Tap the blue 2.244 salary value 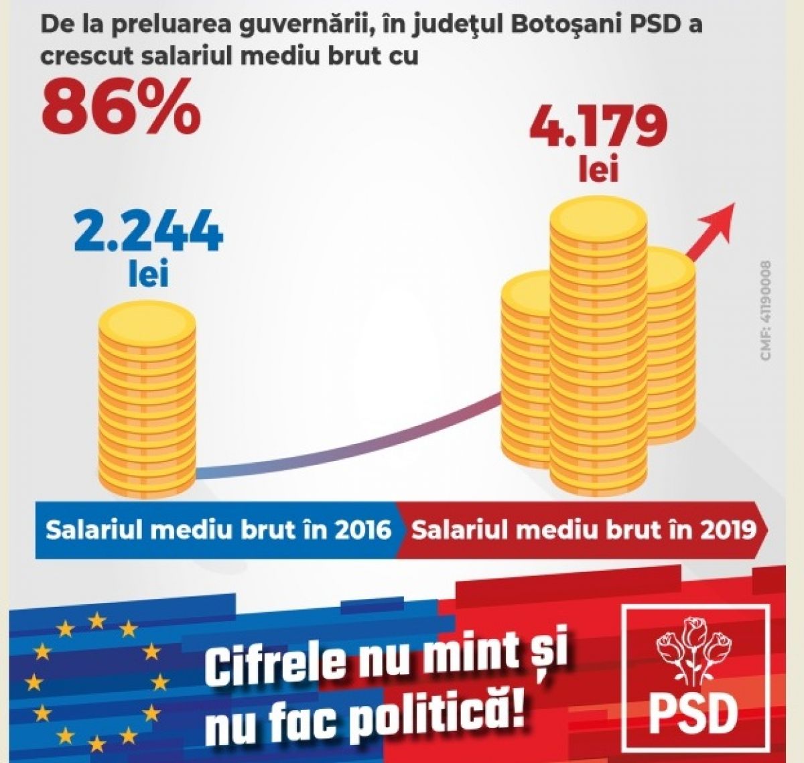(149, 231)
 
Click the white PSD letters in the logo (693, 715)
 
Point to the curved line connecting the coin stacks (348, 449)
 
